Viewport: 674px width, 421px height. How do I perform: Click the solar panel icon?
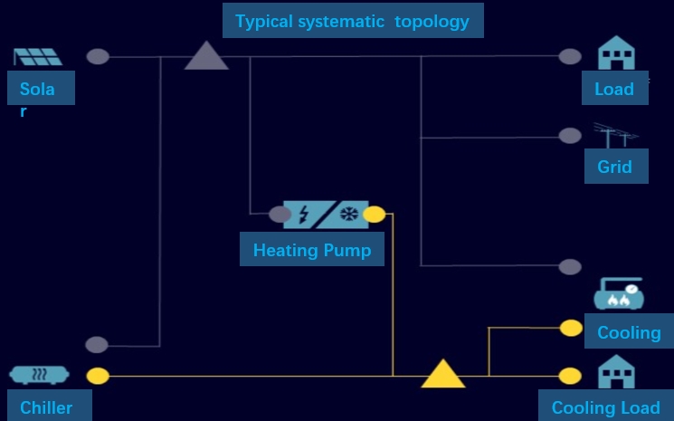point(38,56)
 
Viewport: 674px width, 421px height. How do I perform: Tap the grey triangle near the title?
point(206,57)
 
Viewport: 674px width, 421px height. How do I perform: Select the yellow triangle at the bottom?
point(443,375)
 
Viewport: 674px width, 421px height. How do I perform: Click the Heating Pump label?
point(312,250)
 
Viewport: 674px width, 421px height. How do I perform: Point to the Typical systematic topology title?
point(352,20)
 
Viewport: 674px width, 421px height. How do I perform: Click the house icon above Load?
point(616,53)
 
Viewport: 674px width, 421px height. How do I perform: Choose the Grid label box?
point(615,167)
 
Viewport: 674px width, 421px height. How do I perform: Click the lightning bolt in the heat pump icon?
point(303,215)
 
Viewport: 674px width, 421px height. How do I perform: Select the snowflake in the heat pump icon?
point(348,215)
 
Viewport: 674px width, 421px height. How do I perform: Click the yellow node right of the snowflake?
point(374,215)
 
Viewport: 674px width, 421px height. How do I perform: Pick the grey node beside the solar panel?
point(98,56)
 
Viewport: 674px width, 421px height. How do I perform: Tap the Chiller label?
point(46,407)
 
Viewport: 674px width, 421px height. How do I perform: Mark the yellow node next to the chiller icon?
point(98,375)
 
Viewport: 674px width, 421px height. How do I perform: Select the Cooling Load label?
point(605,407)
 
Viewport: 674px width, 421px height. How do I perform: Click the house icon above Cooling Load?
point(616,372)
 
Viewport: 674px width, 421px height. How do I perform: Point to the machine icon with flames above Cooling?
point(618,294)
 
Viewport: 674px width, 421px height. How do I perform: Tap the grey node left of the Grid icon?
point(570,136)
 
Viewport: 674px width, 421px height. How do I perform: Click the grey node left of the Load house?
point(570,56)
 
